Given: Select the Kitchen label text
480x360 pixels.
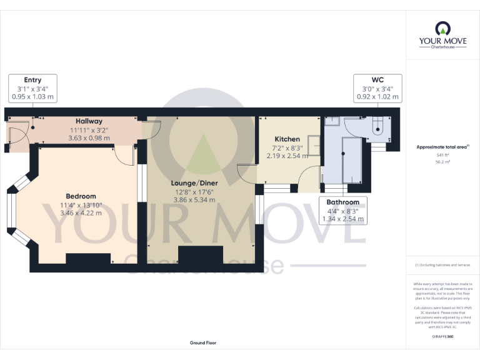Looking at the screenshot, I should tap(287, 139).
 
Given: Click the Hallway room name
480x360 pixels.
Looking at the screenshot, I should tap(89, 121).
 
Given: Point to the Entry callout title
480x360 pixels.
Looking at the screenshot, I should tap(32, 80).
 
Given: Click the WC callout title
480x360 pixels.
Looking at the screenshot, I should tap(377, 80).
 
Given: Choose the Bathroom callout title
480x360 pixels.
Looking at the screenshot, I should tap(342, 202).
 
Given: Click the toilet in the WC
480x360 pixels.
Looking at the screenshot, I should tap(377, 129).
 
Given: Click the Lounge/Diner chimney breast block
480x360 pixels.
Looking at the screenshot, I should tap(200, 256).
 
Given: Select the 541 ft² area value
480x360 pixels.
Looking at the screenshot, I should tap(442, 154).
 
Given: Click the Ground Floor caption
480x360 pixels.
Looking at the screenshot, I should tap(203, 343).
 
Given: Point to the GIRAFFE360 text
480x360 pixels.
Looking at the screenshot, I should tap(442, 336).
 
